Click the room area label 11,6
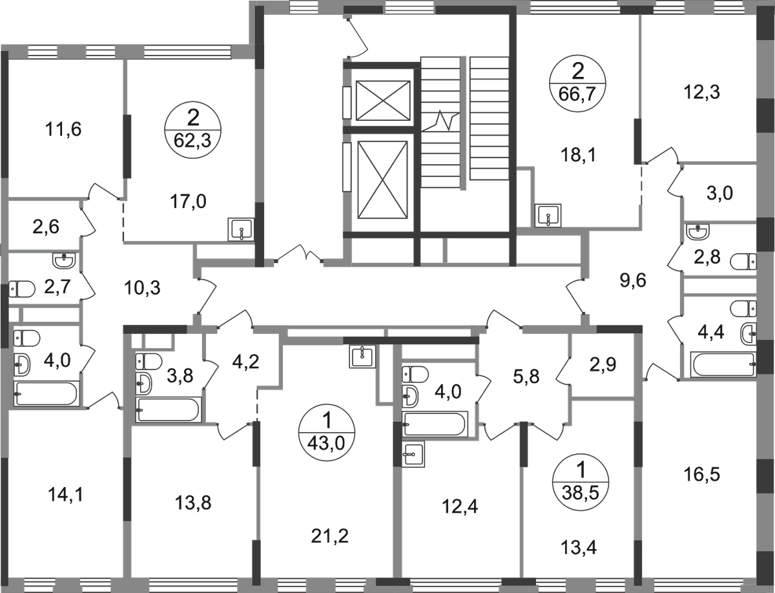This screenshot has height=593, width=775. pyautogui.click(x=63, y=129)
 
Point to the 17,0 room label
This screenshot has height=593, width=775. pyautogui.click(x=188, y=202)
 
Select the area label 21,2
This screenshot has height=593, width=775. pyautogui.click(x=330, y=536)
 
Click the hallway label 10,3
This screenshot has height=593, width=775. pyautogui.click(x=142, y=288)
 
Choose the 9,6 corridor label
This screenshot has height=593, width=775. pyautogui.click(x=633, y=281)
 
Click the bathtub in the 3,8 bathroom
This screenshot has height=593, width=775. pyautogui.click(x=169, y=410)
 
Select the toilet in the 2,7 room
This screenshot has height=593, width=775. pyautogui.click(x=22, y=289)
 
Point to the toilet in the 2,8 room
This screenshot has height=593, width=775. pyautogui.click(x=743, y=262)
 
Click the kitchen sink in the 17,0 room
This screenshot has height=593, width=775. pyautogui.click(x=241, y=229)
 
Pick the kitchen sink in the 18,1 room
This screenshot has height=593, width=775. pyautogui.click(x=548, y=216)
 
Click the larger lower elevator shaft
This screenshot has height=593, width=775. pyautogui.click(x=382, y=180)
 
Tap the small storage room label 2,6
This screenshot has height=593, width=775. pyautogui.click(x=46, y=227)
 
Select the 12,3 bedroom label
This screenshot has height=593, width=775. pyautogui.click(x=701, y=92)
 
